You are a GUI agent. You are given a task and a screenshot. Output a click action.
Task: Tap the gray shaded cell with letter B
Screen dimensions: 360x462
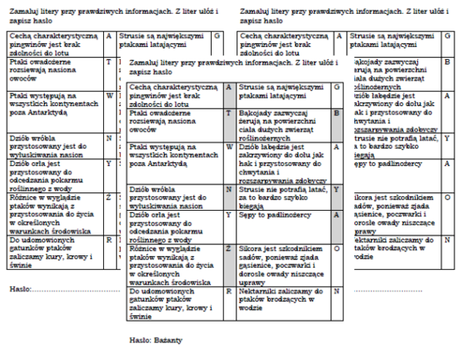336,113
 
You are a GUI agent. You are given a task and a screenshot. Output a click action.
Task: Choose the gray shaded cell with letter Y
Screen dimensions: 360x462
336,189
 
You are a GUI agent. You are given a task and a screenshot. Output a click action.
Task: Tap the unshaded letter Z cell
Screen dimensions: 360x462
109,198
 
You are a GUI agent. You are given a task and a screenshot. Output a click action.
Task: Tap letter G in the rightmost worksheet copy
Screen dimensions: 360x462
448,36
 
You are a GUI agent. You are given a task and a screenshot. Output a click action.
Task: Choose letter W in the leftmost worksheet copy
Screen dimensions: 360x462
109,95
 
